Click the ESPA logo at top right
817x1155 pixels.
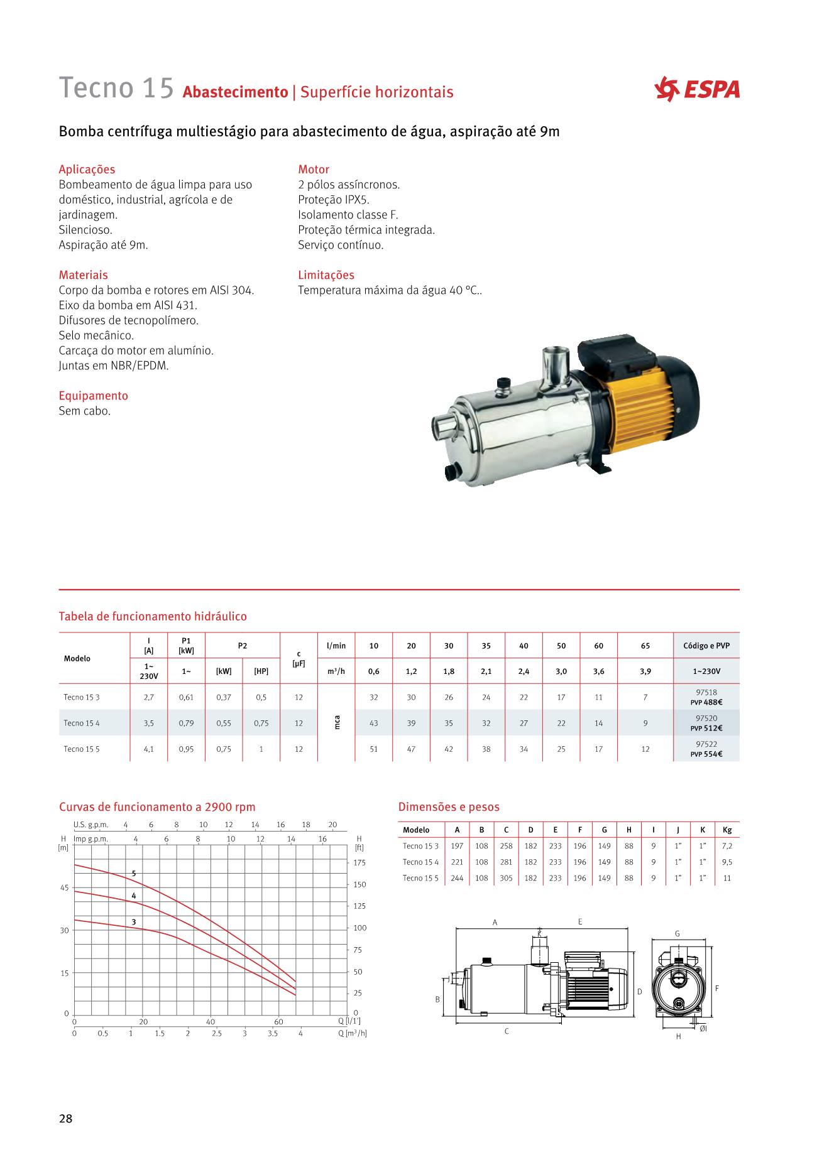click(697, 89)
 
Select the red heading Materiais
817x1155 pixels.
click(83, 275)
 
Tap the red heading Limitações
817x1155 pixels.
click(326, 275)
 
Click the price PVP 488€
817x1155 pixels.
click(706, 702)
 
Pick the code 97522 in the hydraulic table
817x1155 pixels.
click(706, 744)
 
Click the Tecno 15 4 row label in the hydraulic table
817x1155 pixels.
click(81, 723)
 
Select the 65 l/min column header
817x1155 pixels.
click(645, 646)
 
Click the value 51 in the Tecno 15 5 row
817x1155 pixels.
click(373, 749)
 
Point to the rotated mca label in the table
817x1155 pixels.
click(337, 723)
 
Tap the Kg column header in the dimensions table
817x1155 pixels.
click(727, 830)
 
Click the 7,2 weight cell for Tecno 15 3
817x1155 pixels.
click(727, 846)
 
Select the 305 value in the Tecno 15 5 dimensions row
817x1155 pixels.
click(506, 878)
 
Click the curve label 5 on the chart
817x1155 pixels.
click(133, 874)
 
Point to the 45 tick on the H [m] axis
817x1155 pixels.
click(64, 887)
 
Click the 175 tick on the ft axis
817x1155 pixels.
click(359, 863)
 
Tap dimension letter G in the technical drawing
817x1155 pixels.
click(677, 934)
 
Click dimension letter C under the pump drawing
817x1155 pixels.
click(507, 1031)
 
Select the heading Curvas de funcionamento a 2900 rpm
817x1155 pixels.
click(157, 807)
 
